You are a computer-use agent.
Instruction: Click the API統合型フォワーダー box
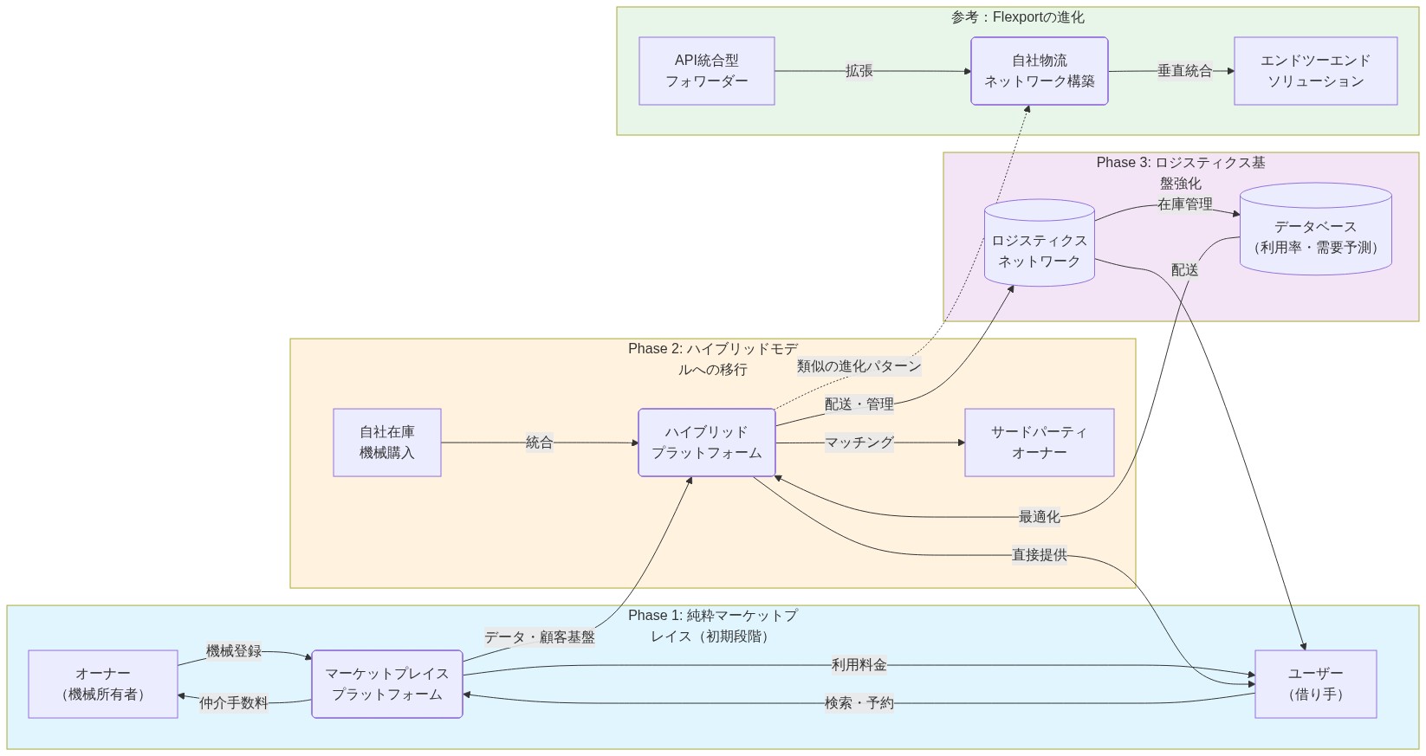pyautogui.click(x=706, y=71)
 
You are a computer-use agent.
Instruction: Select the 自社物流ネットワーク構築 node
pyautogui.click(x=1039, y=71)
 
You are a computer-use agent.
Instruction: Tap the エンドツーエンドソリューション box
pyautogui.click(x=1315, y=71)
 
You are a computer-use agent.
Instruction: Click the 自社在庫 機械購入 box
pyautogui.click(x=387, y=443)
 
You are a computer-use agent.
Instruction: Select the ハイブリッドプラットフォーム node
pyautogui.click(x=706, y=443)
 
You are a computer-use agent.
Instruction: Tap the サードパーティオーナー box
pyautogui.click(x=1039, y=443)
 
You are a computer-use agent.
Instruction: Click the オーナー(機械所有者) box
pyautogui.click(x=103, y=684)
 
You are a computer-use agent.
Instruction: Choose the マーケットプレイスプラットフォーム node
pyautogui.click(x=386, y=684)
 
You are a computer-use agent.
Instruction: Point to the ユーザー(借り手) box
pyautogui.click(x=1315, y=684)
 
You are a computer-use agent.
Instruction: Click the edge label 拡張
pyautogui.click(x=859, y=71)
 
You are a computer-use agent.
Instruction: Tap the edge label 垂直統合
pyautogui.click(x=1184, y=71)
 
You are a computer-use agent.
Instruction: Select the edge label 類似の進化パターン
pyautogui.click(x=859, y=366)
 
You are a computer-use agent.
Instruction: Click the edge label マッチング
pyautogui.click(x=859, y=443)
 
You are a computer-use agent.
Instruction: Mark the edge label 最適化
pyautogui.click(x=1039, y=517)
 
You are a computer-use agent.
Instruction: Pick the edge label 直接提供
pyautogui.click(x=1039, y=555)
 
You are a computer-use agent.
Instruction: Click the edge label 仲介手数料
pyautogui.click(x=233, y=703)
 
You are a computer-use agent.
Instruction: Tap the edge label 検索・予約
pyautogui.click(x=859, y=703)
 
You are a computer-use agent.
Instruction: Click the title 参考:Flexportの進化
pyautogui.click(x=1017, y=17)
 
